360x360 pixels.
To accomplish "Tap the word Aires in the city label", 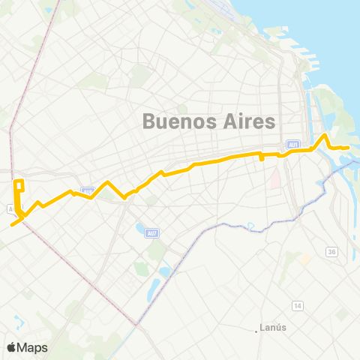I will pos(248,121).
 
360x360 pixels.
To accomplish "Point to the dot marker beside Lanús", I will pos(256,328).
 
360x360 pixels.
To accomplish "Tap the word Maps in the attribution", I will pos(33,347).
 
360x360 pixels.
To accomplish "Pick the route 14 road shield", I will pos(298,306).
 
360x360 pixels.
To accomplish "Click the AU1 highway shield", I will pos(292,145).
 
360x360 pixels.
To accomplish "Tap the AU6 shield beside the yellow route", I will pos(88,192).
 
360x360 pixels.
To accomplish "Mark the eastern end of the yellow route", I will pos(348,148).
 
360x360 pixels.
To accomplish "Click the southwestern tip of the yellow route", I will pos(12,223).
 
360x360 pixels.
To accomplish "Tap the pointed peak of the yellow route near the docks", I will pos(324,135).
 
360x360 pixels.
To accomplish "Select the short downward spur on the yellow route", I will pos(260,158).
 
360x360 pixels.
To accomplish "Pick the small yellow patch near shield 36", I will pos(305,259).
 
